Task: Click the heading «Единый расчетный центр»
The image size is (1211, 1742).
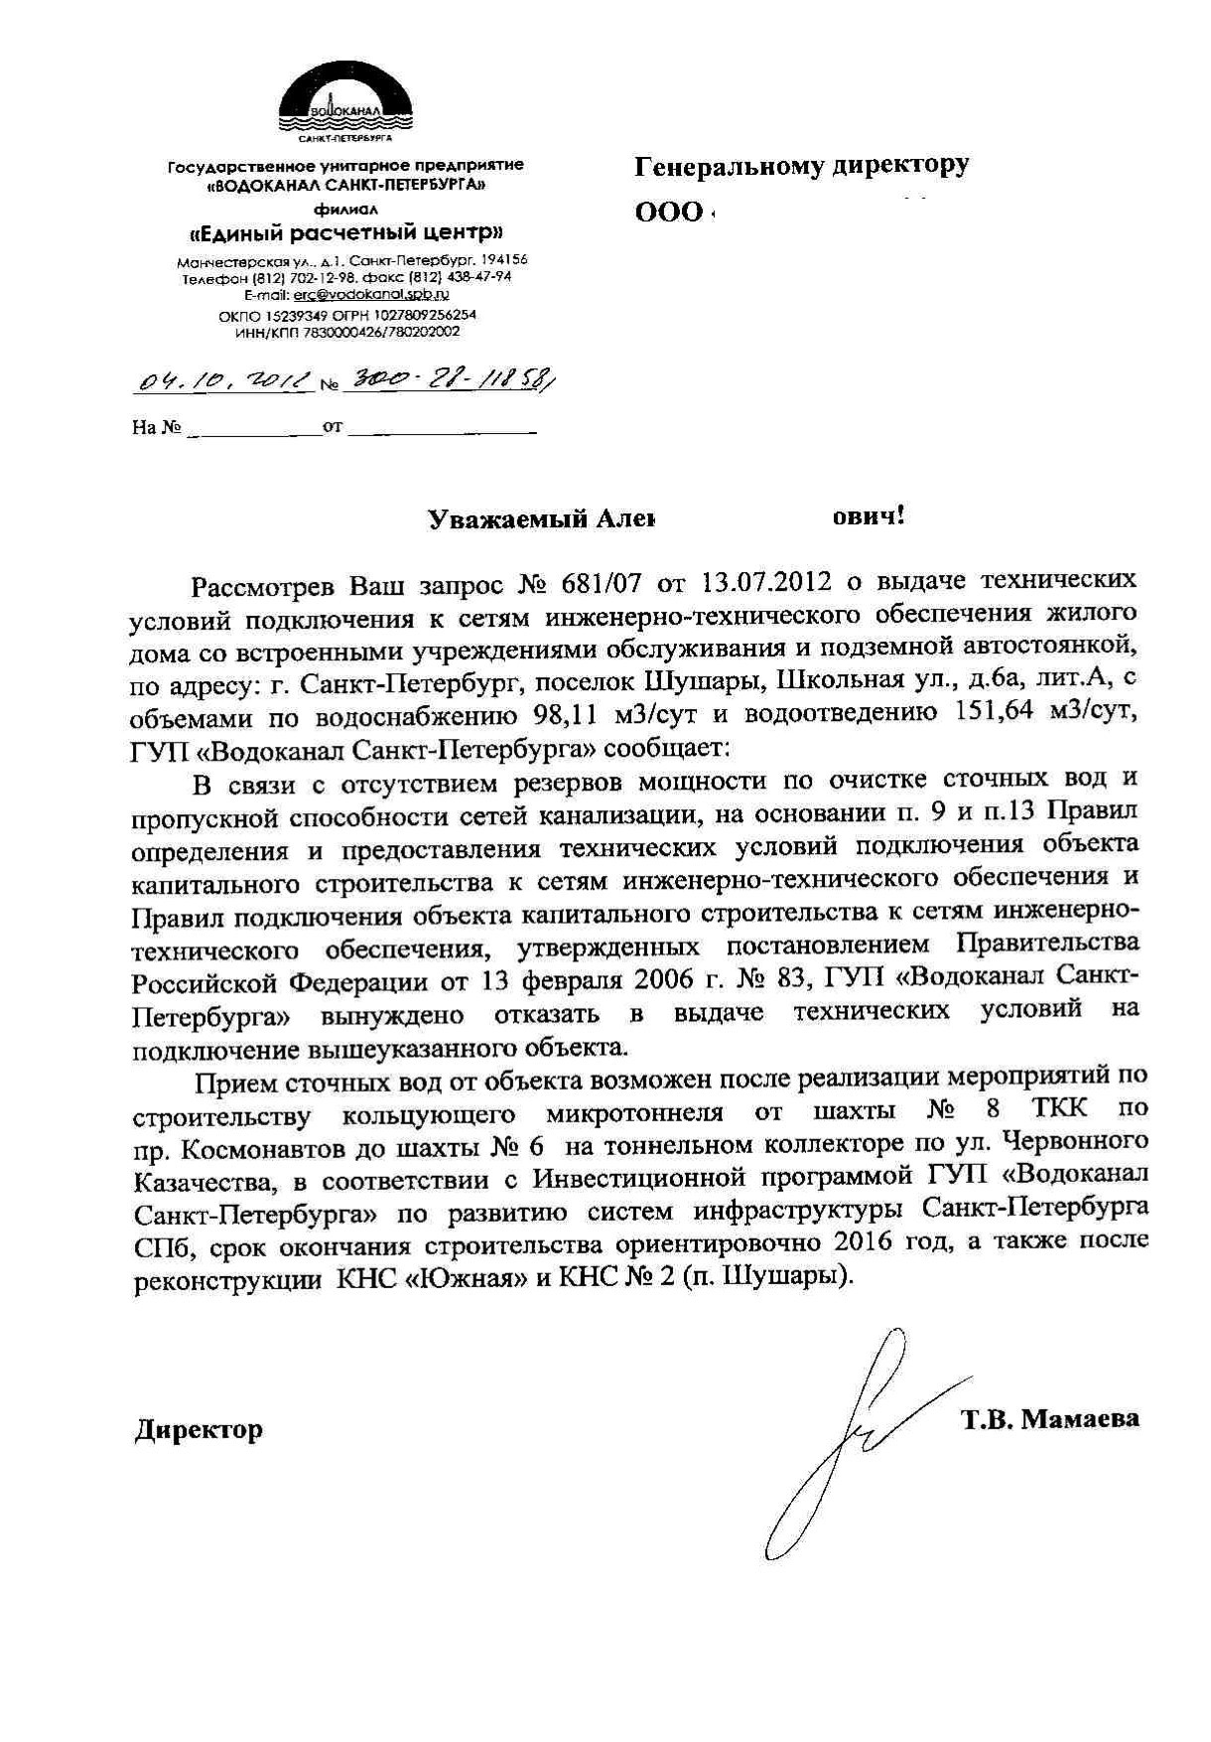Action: tap(345, 234)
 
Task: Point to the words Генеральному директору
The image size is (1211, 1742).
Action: tap(802, 166)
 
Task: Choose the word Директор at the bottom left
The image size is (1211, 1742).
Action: tap(199, 1430)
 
